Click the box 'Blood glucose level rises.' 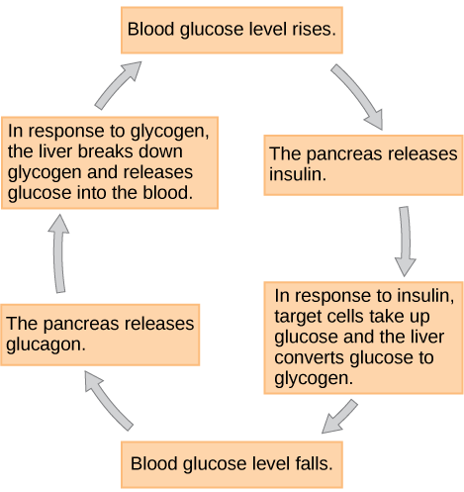[x=232, y=31]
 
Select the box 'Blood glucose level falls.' [x=232, y=463]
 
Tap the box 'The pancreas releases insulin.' [x=363, y=165]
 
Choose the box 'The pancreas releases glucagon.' [x=100, y=335]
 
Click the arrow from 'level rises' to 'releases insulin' [x=358, y=97]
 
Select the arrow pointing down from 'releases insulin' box [x=405, y=241]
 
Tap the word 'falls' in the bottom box [x=310, y=463]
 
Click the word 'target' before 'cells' [x=300, y=317]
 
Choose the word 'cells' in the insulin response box [x=349, y=317]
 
